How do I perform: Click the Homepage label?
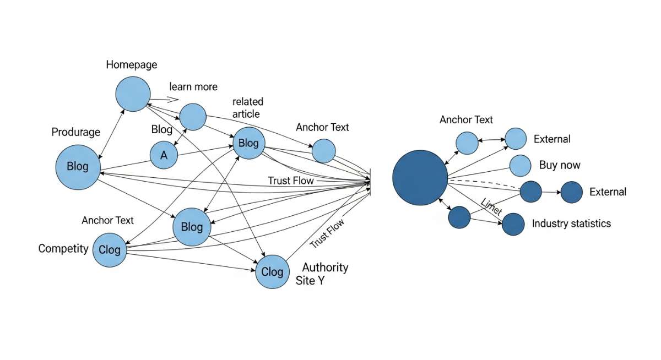click(132, 65)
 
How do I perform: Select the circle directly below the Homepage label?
click(133, 94)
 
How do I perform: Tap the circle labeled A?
click(164, 155)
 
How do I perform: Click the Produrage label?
click(76, 132)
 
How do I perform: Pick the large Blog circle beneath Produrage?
click(78, 166)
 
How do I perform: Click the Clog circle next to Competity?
click(110, 250)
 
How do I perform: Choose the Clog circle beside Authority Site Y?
click(272, 271)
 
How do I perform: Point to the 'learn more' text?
click(193, 87)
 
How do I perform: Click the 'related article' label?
click(248, 108)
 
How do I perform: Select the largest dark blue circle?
click(420, 178)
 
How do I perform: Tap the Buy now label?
click(560, 165)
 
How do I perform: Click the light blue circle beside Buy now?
click(520, 165)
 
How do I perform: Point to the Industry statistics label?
click(571, 223)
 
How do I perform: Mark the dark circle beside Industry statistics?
click(513, 224)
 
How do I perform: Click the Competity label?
click(63, 249)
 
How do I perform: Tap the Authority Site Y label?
click(325, 274)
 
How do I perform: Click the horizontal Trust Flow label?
click(291, 181)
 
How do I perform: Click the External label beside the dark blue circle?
click(608, 192)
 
